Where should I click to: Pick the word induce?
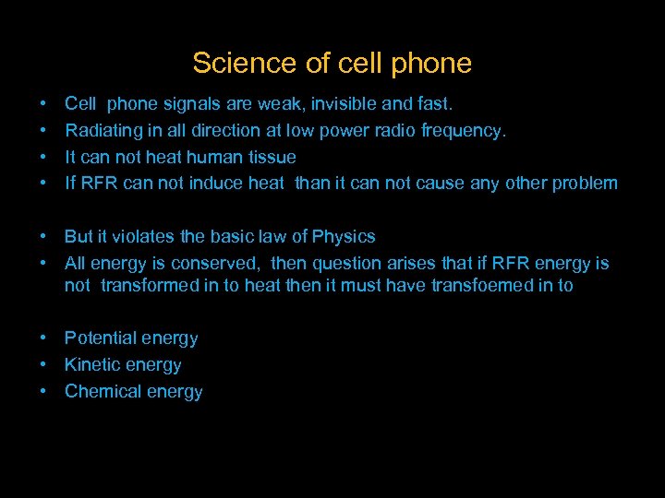216,183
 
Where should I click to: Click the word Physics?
345,236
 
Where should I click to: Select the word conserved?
221,263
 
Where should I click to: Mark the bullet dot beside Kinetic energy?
43,365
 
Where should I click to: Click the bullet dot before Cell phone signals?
43,104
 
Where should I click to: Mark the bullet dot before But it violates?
43,236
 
